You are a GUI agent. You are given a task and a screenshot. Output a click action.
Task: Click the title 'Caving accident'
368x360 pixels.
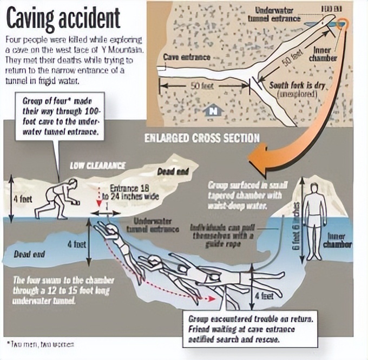point(63,17)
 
